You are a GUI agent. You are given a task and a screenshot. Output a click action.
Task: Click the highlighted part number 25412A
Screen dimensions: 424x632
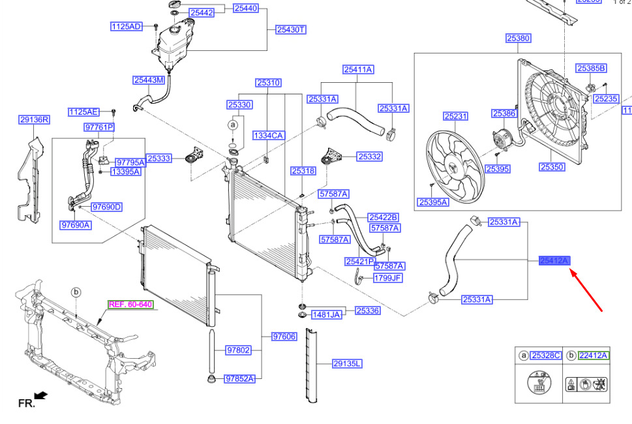(x=554, y=261)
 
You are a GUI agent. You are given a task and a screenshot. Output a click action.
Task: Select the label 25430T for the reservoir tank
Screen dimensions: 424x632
(x=291, y=29)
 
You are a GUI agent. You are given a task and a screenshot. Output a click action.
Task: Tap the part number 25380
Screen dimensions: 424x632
(x=519, y=38)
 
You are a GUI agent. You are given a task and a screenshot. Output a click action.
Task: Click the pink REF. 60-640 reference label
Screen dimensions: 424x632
(x=130, y=305)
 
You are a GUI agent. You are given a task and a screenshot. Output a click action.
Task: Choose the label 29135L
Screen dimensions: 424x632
(x=347, y=363)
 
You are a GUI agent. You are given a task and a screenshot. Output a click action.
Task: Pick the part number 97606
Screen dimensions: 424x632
(x=284, y=337)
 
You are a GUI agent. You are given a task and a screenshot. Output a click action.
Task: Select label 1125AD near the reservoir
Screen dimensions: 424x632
(x=126, y=27)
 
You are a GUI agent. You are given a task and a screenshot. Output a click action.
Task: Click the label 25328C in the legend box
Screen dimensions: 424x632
(x=545, y=356)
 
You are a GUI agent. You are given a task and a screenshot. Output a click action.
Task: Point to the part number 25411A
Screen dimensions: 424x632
(x=359, y=69)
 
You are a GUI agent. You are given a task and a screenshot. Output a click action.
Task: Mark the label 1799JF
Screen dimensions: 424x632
(x=387, y=278)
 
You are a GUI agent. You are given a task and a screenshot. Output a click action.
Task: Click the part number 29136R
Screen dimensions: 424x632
(x=35, y=119)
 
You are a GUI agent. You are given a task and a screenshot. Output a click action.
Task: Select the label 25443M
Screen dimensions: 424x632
(x=149, y=80)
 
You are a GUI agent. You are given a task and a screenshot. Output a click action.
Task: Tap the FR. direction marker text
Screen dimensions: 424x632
(x=26, y=404)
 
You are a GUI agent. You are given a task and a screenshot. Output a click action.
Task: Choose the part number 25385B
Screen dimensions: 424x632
(x=591, y=68)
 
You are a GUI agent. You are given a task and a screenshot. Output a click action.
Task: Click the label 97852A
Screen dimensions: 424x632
(x=239, y=378)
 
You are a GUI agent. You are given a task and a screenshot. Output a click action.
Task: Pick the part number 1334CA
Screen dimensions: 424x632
(x=269, y=135)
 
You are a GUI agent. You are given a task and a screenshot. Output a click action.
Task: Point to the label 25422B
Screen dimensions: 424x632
(x=383, y=217)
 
